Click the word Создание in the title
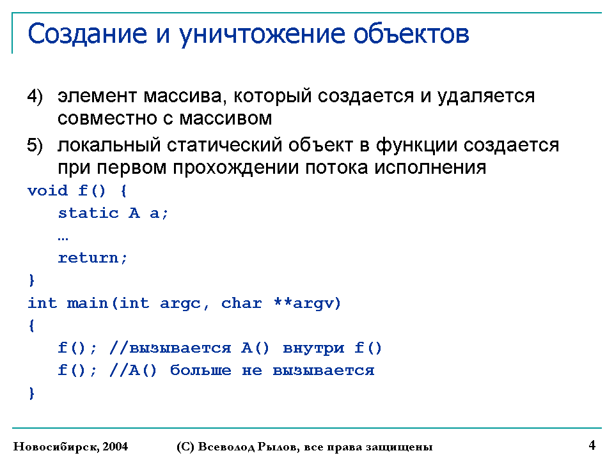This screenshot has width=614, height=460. (87, 34)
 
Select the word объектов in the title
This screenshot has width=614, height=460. (411, 34)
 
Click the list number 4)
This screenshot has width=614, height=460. (35, 96)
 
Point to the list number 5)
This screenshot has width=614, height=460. (35, 146)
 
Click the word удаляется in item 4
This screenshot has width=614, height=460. (485, 97)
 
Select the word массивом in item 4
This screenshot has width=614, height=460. (225, 119)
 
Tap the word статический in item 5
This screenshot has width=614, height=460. (224, 146)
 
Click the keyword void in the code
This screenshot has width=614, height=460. (47, 190)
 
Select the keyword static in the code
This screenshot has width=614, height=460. (88, 213)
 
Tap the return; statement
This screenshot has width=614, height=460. (93, 258)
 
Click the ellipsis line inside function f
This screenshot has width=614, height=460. (63, 238)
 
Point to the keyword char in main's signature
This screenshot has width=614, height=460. (241, 303)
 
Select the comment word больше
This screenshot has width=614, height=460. (200, 370)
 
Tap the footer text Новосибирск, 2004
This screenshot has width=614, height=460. (70, 447)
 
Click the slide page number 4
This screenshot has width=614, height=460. (592, 445)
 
